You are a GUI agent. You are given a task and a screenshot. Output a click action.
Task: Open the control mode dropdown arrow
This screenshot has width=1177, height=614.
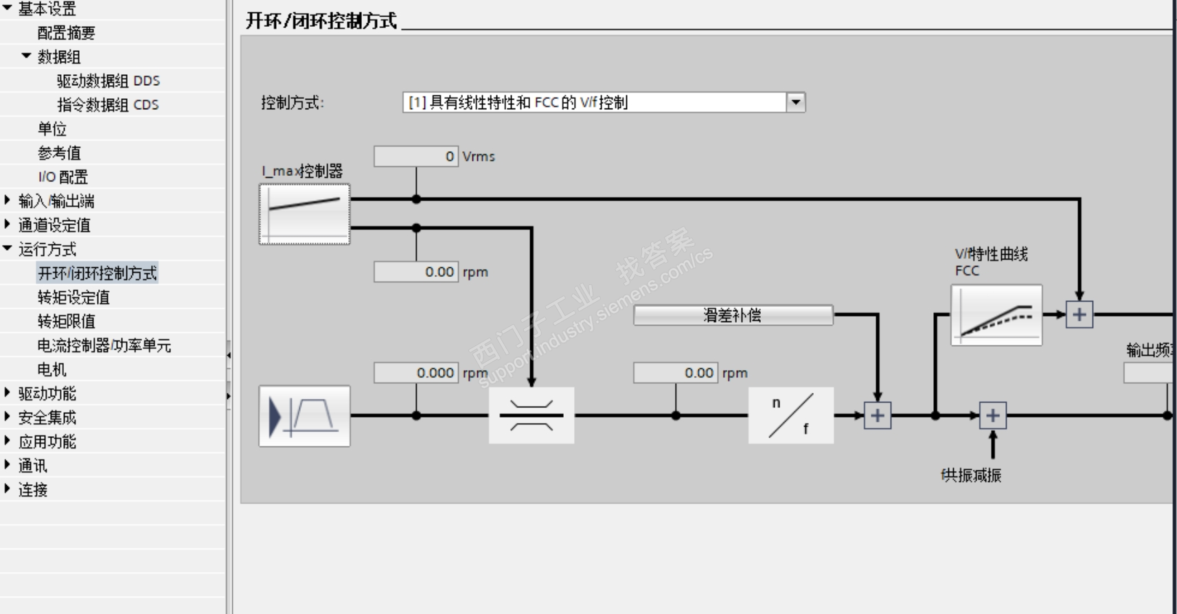point(796,102)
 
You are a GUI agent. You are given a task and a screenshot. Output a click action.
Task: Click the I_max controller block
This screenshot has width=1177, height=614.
point(304,214)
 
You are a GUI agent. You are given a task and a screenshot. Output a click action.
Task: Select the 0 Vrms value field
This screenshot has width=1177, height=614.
point(415,157)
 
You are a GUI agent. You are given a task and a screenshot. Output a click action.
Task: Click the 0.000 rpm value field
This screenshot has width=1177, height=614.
point(415,373)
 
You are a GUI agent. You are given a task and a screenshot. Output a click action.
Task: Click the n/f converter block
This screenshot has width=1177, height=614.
point(790,416)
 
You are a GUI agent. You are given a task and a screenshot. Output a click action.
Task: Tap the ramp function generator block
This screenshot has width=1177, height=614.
point(304,416)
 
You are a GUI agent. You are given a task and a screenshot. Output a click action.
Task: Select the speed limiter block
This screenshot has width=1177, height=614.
point(531,416)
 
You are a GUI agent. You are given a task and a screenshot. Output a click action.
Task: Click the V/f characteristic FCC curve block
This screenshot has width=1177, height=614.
point(996,315)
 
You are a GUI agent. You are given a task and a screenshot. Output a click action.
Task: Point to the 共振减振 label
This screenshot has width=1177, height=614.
point(971,475)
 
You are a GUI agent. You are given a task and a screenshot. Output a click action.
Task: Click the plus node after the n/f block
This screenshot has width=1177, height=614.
point(877,416)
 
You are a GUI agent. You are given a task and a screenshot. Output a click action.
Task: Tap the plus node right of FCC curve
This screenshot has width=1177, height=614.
point(1079,315)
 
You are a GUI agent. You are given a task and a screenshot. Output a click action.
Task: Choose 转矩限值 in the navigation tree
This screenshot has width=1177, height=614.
point(67,321)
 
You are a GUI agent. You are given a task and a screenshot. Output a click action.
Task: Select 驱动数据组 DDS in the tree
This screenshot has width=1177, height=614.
point(108,81)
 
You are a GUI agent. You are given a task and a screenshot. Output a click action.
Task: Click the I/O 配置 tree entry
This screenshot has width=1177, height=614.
point(62,177)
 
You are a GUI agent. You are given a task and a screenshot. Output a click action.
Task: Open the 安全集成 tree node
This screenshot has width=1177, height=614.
point(47,418)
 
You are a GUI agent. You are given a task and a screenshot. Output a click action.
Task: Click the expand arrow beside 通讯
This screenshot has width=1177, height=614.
point(8,465)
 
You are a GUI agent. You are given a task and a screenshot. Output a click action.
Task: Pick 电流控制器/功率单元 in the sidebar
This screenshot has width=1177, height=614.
point(104,345)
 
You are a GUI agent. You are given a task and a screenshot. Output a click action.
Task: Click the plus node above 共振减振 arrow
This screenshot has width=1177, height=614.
point(992,416)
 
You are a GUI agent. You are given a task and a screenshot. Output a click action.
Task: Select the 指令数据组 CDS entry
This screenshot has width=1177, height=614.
point(108,105)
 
